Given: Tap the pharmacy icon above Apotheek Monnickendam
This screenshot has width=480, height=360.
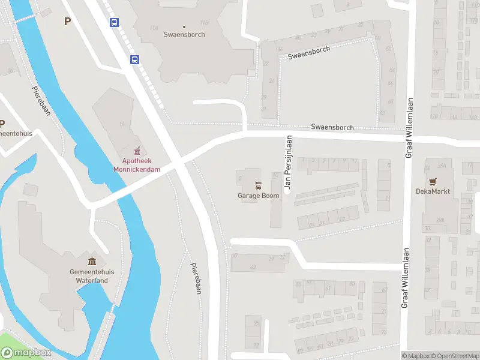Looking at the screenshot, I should click(137, 150).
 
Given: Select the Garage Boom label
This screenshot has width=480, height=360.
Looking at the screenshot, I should click(258, 196).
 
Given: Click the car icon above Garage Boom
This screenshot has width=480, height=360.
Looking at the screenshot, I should click(258, 185).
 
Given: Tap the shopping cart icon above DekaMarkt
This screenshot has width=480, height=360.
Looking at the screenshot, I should click(432, 181).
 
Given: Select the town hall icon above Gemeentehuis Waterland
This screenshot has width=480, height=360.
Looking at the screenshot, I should click(92, 261).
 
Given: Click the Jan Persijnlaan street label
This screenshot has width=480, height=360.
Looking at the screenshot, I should click(288, 163).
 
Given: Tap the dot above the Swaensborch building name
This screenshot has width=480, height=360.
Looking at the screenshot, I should click(184, 26).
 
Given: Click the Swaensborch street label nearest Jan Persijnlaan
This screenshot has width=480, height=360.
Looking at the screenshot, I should click(332, 127).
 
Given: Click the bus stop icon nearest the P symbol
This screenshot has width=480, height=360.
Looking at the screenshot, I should click(114, 23).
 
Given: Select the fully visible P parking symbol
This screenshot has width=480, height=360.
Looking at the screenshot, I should click(67, 22).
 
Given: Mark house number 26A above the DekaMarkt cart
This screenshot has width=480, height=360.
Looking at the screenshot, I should click(442, 166).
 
